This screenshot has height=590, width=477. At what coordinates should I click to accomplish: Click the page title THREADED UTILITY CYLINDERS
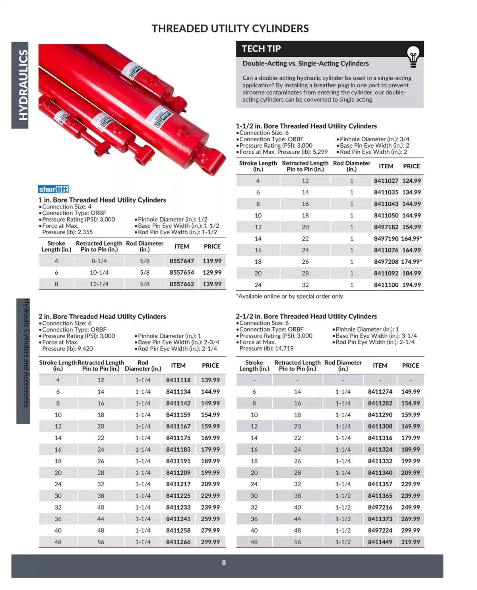230,29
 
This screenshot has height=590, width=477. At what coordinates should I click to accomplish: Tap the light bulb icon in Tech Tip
413,56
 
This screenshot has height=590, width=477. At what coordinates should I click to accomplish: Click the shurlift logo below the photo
53,189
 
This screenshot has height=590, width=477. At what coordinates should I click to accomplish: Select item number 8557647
182,261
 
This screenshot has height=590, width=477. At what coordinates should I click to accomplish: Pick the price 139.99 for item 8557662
212,284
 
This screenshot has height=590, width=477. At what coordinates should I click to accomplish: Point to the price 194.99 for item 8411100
411,285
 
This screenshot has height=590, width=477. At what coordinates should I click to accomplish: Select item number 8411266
178,542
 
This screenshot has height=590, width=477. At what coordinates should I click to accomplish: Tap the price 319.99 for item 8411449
410,542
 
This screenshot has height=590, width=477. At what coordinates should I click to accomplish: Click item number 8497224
380,530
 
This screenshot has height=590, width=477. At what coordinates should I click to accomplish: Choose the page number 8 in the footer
224,563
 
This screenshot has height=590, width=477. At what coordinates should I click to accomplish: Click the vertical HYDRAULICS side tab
23,85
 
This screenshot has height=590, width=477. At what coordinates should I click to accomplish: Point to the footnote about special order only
289,296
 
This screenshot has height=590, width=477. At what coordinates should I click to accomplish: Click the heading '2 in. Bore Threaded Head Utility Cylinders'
102,316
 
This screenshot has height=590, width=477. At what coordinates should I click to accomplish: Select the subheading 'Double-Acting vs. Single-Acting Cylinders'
305,64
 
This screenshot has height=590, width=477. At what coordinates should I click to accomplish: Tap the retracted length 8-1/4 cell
99,261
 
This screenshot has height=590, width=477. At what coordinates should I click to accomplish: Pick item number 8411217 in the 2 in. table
178,484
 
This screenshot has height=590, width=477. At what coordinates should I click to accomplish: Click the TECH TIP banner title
261,49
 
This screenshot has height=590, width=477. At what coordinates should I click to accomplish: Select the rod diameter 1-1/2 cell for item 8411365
343,496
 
